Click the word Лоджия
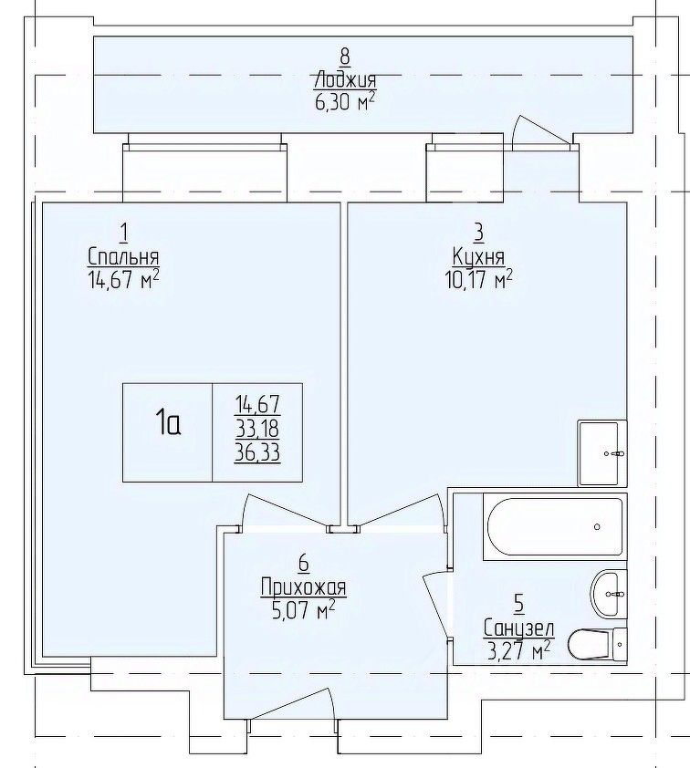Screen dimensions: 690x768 pyautogui.click(x=345, y=80)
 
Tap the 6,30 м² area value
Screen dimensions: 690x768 pyautogui.click(x=346, y=102)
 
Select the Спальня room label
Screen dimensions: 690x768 pyautogui.click(x=123, y=257)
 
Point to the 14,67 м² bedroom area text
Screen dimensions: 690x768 pyautogui.click(x=123, y=280)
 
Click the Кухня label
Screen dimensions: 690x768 pyautogui.click(x=478, y=257)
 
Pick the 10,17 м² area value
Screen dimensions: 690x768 pyautogui.click(x=478, y=280)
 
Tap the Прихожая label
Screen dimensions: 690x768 pyautogui.click(x=303, y=586)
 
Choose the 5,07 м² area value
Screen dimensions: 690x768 pyautogui.click(x=303, y=610)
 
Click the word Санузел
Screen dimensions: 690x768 pyautogui.click(x=519, y=628)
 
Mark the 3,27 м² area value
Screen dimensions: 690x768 pyautogui.click(x=519, y=650)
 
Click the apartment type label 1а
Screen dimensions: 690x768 pyautogui.click(x=168, y=423)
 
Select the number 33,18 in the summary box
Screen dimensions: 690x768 pyautogui.click(x=257, y=429)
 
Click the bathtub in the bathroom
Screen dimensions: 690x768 pyautogui.click(x=555, y=526)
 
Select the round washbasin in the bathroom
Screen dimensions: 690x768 pyautogui.click(x=609, y=594)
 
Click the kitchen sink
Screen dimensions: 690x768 pyautogui.click(x=602, y=453)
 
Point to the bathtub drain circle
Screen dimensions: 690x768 pyautogui.click(x=597, y=527)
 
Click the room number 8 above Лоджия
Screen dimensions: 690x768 pyautogui.click(x=345, y=57)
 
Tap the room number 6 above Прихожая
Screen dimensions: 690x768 pyautogui.click(x=303, y=564)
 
